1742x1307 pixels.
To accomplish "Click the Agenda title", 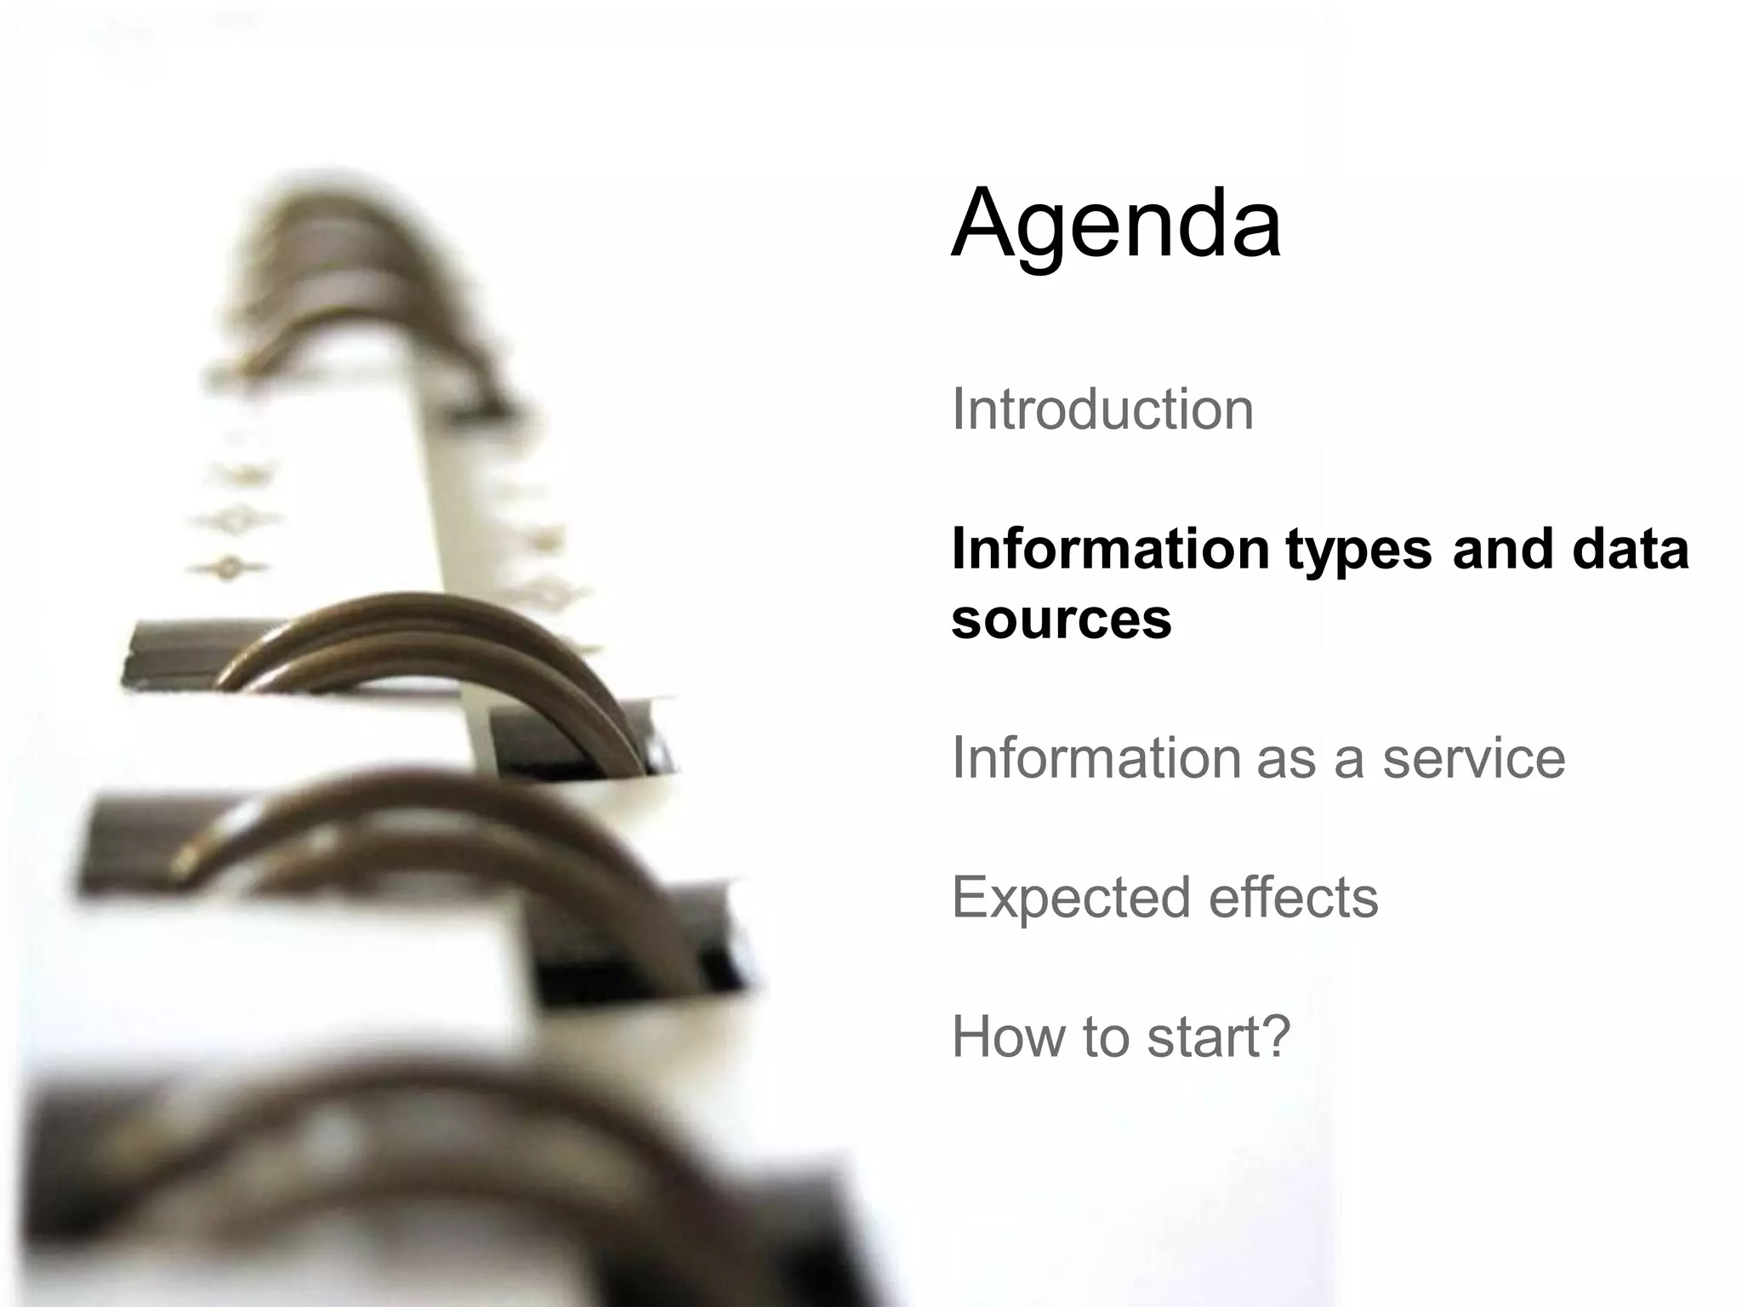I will coord(1116,225).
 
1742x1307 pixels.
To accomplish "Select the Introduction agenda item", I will coord(1102,409).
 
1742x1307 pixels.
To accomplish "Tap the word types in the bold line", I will coord(1358,550).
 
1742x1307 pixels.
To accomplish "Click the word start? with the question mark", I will coord(1218,1037).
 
